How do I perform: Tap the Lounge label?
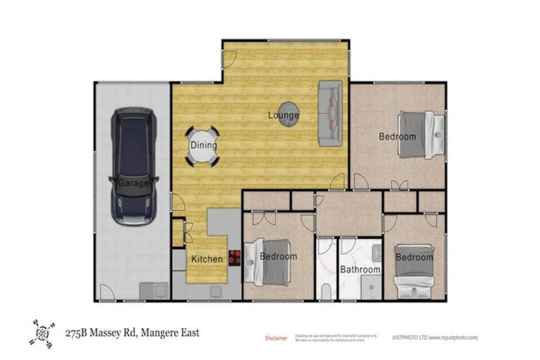point(283,115)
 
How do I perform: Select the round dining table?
point(202,146)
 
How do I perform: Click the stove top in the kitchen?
point(234,257)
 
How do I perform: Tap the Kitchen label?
point(207,259)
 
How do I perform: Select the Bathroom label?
point(360,269)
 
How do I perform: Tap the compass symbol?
point(42,333)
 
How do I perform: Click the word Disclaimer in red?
point(276,338)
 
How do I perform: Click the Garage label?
point(133,183)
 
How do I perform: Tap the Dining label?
point(203,146)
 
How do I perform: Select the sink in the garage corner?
point(154,290)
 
